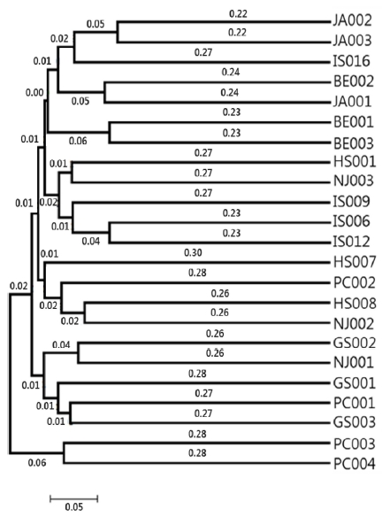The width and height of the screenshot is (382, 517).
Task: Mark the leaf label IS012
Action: pos(353,243)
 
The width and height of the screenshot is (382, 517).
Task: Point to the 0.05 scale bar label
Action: pos(73,507)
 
